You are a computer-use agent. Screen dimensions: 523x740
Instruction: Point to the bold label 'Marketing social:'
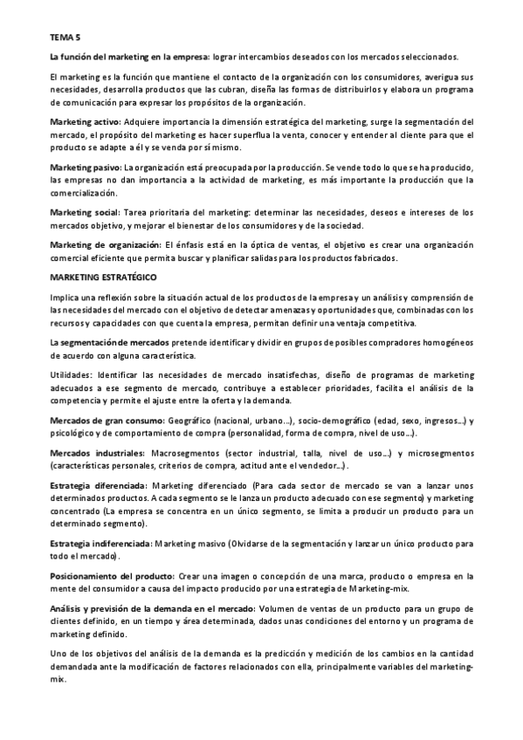click(86, 212)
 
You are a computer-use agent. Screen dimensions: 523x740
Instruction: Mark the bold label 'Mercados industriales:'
click(97, 453)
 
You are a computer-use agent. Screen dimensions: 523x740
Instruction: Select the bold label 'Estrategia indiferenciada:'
click(101, 543)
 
